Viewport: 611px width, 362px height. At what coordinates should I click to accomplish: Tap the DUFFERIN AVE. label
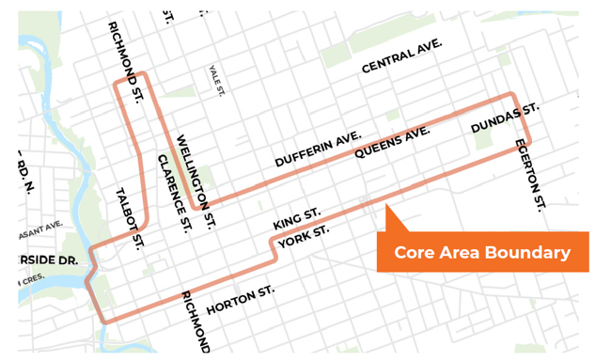click(x=318, y=150)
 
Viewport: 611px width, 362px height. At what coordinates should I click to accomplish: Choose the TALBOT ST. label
click(x=129, y=218)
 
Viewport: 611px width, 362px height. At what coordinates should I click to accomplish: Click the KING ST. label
click(x=297, y=220)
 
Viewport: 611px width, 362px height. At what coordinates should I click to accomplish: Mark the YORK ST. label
click(x=304, y=237)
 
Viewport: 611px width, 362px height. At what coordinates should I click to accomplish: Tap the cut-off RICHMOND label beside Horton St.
click(x=195, y=322)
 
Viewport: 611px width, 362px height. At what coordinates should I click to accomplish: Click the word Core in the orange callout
click(x=415, y=253)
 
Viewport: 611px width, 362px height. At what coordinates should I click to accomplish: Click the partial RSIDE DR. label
click(x=45, y=260)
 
